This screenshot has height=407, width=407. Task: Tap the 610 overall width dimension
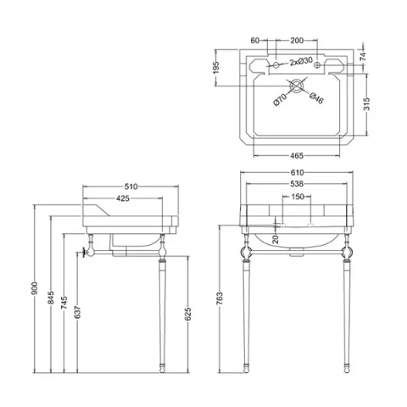[x=295, y=172]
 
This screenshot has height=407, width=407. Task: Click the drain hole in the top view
[x=295, y=86]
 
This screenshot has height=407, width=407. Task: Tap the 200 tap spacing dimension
[x=296, y=40]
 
